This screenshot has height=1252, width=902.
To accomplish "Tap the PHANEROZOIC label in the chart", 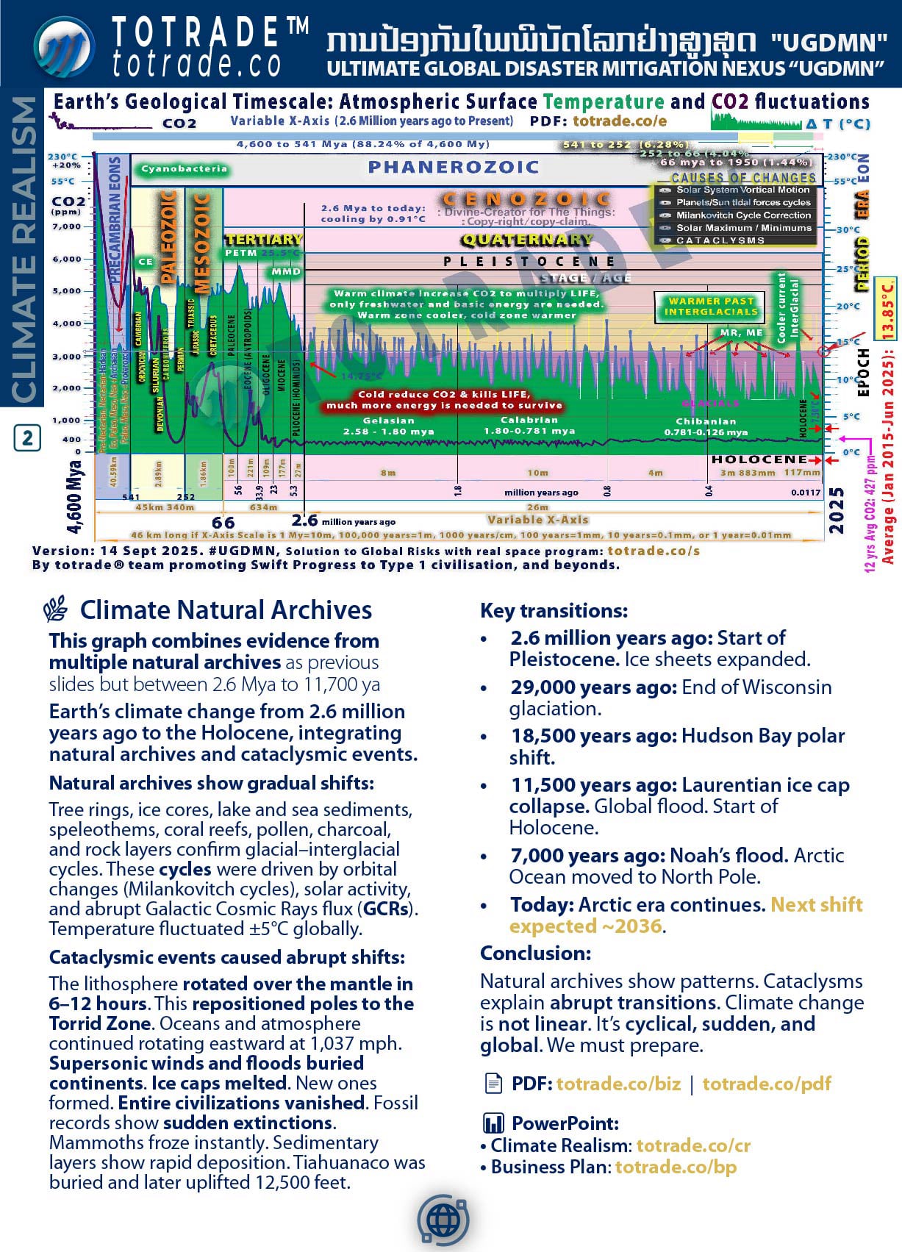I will (x=454, y=168).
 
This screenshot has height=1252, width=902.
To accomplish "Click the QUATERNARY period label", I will (x=526, y=240).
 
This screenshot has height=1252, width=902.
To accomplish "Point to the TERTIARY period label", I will (x=263, y=240).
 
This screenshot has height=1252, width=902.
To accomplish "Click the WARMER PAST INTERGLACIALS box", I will (x=710, y=307).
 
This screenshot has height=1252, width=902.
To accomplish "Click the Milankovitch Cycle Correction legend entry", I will (x=743, y=215).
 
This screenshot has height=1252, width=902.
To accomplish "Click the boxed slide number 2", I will (x=27, y=438).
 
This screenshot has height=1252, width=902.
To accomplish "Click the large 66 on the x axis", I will (x=223, y=522).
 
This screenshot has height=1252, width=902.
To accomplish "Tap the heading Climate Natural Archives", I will (x=226, y=610).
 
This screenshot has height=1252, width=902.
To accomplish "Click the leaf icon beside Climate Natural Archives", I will (x=55, y=610).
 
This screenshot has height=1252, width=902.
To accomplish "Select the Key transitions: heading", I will (x=554, y=611).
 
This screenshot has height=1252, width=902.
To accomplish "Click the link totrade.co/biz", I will (x=618, y=1084).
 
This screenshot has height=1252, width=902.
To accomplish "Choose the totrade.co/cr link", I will (x=693, y=1145).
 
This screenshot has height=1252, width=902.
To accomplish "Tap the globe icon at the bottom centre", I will (x=443, y=1221).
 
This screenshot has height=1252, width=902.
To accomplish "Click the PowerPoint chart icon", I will (x=493, y=1123).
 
